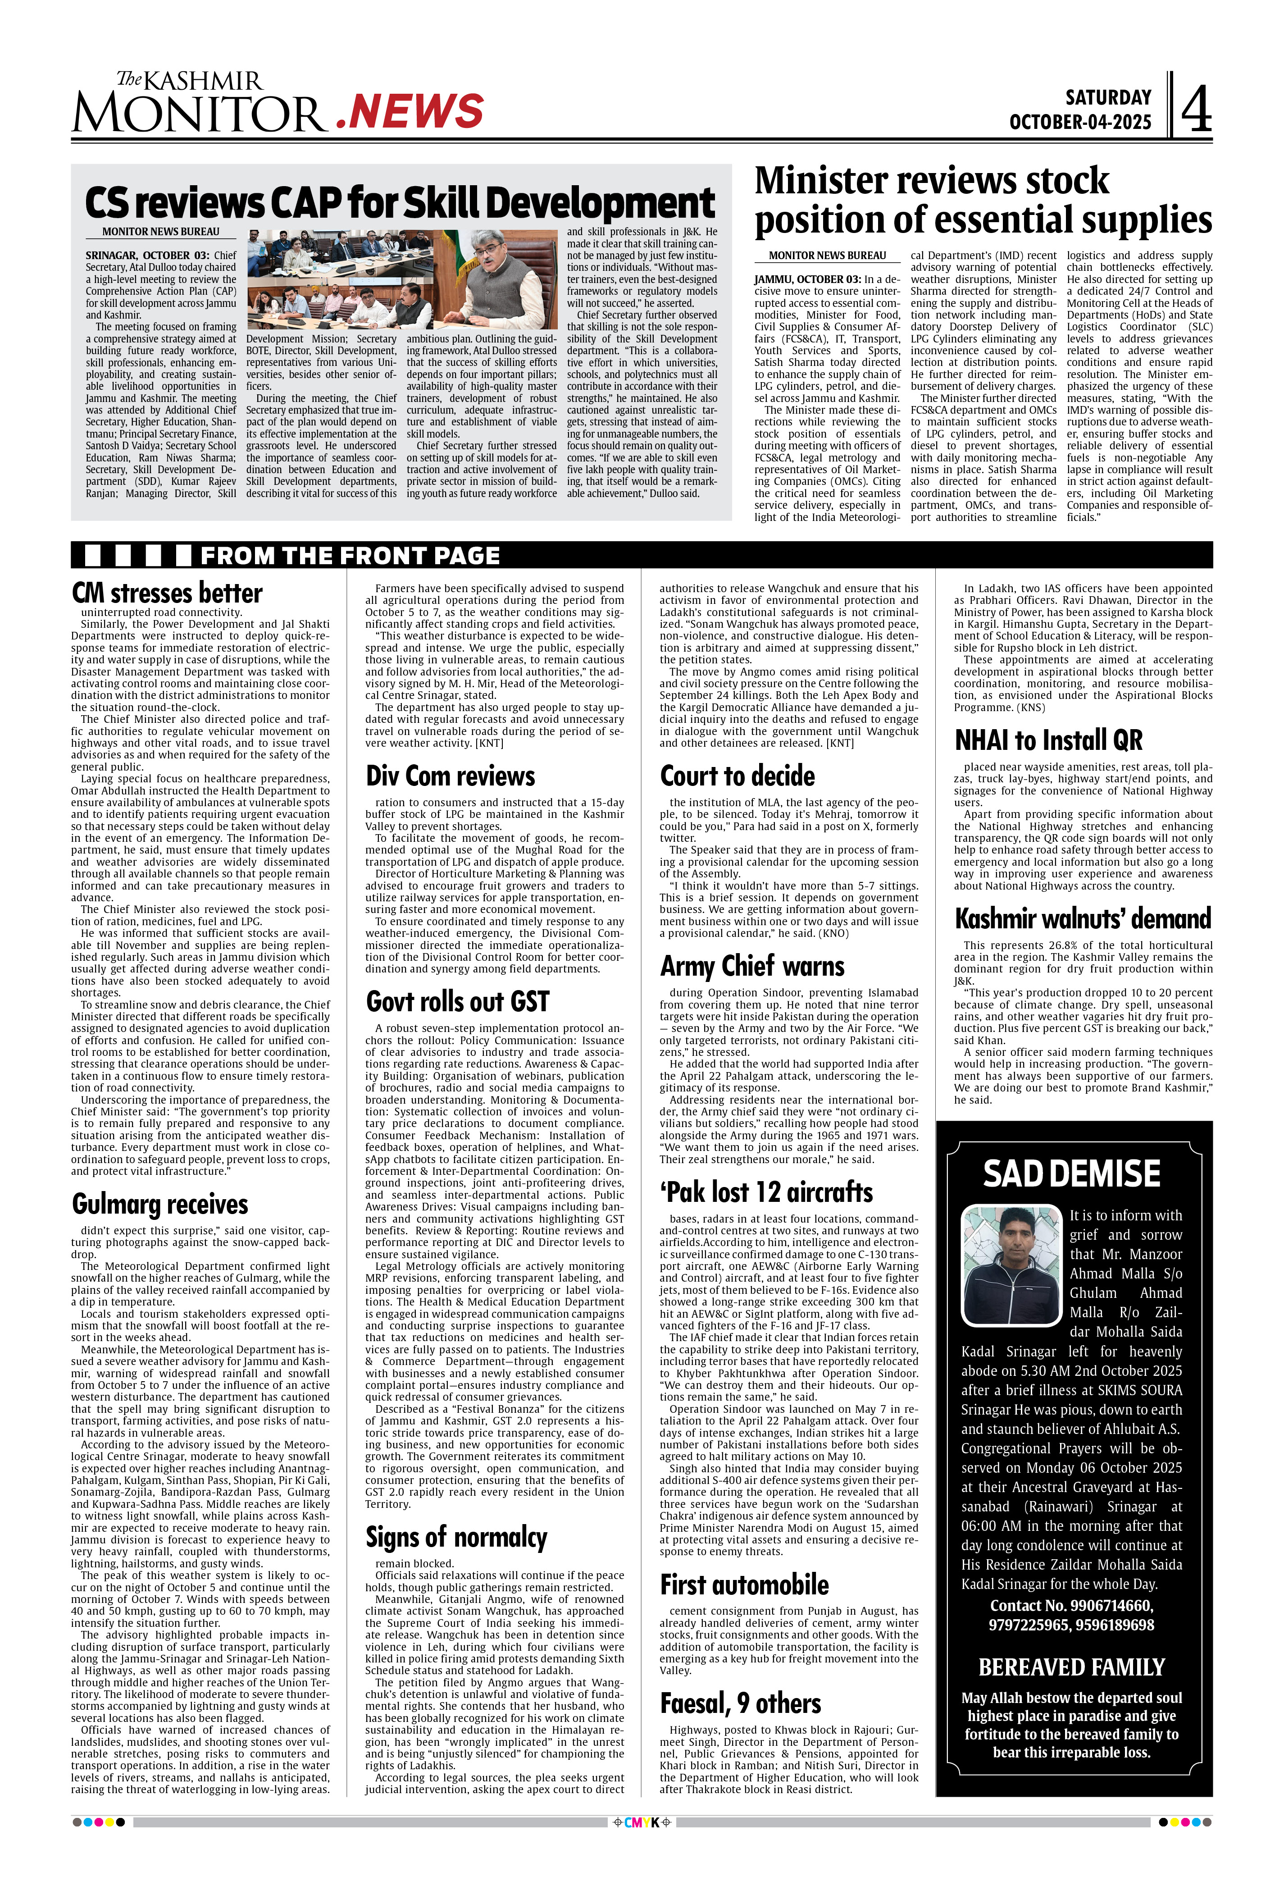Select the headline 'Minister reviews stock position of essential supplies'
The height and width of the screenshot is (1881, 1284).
coord(982,200)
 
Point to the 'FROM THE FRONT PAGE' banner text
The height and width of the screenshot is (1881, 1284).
coord(350,556)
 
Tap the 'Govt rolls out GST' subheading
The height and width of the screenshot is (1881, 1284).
coord(457,1001)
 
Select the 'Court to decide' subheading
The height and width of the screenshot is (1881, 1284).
coord(737,776)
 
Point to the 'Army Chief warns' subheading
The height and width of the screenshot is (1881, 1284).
coord(751,966)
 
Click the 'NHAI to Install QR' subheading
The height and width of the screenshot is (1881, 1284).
coord(1048,740)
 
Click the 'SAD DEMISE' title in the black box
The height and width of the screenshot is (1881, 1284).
coord(1071,1173)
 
